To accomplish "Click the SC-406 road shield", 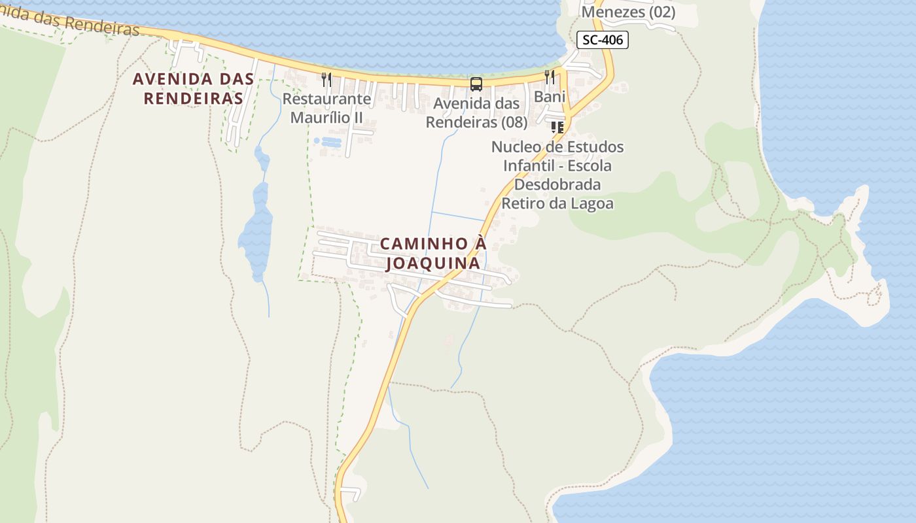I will [x=603, y=40].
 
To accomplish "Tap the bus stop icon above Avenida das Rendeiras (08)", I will [x=476, y=84].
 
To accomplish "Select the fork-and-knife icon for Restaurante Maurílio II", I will [x=326, y=80].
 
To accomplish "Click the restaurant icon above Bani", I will [x=550, y=77].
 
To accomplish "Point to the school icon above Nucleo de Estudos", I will [x=557, y=127].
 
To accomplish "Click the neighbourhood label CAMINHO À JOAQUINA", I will [x=433, y=253].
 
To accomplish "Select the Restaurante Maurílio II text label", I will [x=326, y=109].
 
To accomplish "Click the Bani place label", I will [x=550, y=97].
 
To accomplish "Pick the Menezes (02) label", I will [x=628, y=12].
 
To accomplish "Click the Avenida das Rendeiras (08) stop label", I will [x=476, y=112].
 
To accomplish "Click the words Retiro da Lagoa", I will [x=557, y=203].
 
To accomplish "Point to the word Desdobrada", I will [x=557, y=184].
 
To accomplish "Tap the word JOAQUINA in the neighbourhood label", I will [x=433, y=263].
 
